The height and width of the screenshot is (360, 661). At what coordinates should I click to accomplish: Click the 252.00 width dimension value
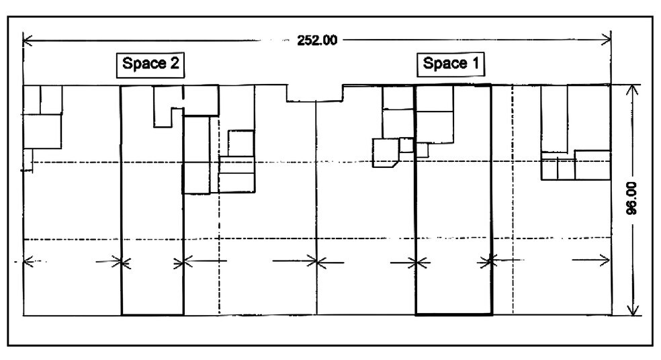click(317, 40)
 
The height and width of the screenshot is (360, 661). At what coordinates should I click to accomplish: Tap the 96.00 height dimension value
click(631, 198)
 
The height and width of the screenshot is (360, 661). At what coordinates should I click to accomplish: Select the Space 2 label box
click(150, 65)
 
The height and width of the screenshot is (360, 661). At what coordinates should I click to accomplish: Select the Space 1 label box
click(451, 64)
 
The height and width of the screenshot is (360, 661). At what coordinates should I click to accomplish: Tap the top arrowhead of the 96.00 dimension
click(632, 90)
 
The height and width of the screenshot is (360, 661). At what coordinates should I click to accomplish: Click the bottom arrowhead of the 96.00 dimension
click(632, 310)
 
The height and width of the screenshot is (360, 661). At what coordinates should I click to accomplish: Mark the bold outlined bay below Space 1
click(453, 199)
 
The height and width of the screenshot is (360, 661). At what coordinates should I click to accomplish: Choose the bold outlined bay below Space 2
click(152, 199)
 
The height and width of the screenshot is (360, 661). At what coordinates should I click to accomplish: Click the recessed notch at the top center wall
click(314, 93)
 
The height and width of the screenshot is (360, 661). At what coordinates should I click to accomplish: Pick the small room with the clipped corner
click(386, 152)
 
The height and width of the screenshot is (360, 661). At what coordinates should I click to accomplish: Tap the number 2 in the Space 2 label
click(174, 63)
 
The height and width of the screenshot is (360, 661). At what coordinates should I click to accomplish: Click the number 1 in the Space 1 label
click(475, 63)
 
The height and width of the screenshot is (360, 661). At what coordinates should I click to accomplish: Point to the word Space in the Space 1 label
click(444, 63)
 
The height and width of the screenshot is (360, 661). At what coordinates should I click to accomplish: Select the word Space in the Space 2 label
click(144, 64)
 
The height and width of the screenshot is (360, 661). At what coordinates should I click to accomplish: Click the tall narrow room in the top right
click(554, 118)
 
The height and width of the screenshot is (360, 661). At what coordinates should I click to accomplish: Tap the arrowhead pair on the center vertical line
click(317, 262)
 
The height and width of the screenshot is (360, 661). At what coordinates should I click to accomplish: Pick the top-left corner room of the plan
click(32, 100)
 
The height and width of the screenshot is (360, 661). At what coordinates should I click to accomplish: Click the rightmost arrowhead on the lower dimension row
click(606, 260)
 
